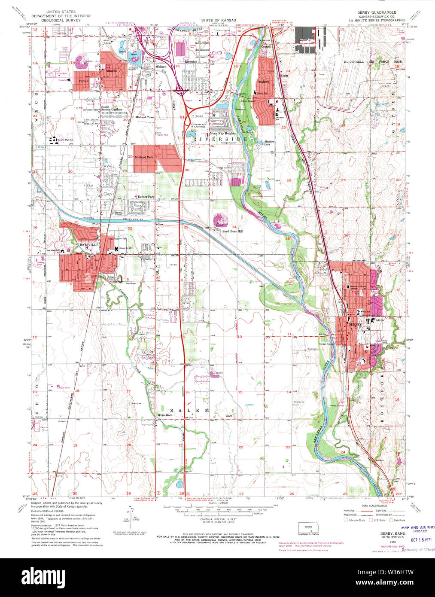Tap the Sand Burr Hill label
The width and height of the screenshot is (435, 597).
(x=232, y=231)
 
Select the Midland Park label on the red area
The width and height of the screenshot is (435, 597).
(x=144, y=157)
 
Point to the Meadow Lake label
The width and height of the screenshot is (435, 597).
(x=269, y=143)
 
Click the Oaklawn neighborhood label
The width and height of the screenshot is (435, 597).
(x=263, y=81)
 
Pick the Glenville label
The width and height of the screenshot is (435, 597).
(x=112, y=71)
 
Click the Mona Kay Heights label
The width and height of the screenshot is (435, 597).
(x=222, y=133)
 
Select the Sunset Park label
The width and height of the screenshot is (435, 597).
(x=146, y=197)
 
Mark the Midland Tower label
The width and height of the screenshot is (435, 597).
(x=144, y=117)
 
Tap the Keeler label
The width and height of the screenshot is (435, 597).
(x=284, y=75)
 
